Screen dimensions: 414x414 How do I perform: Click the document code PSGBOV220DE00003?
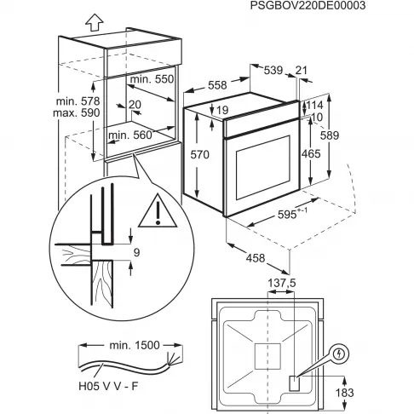(319, 7)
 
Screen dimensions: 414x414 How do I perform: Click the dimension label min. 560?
(134, 134)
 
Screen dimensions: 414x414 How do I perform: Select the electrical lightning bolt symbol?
(340, 353)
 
